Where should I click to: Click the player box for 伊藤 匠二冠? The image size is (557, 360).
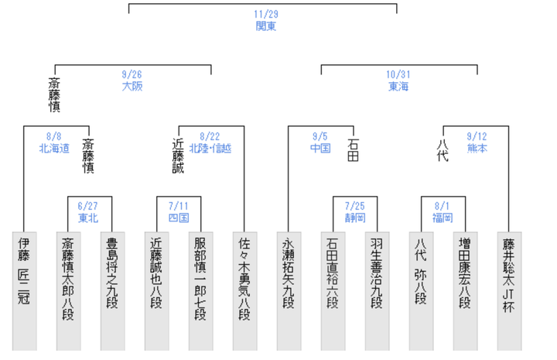pyautogui.click(x=25, y=291)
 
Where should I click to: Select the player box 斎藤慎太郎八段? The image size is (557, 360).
pyautogui.click(x=69, y=291)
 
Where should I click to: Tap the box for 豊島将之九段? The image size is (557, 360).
pyautogui.click(x=113, y=291)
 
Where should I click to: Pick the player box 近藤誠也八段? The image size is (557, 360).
pyautogui.click(x=156, y=291)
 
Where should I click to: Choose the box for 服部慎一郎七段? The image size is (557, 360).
pyautogui.click(x=200, y=291)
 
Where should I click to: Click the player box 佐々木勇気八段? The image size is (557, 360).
pyautogui.click(x=244, y=291)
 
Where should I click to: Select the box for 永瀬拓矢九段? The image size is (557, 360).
pyautogui.click(x=289, y=291)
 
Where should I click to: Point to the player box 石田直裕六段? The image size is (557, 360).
pyautogui.click(x=333, y=291)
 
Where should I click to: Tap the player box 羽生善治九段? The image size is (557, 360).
pyautogui.click(x=377, y=291)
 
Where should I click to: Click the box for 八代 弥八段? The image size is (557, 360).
pyautogui.click(x=421, y=291)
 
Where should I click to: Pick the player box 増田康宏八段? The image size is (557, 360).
pyautogui.click(x=465, y=291)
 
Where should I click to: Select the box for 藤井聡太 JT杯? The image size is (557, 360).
pyautogui.click(x=509, y=291)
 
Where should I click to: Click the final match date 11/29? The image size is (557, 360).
pyautogui.click(x=266, y=14)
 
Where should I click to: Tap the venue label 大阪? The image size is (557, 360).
pyautogui.click(x=132, y=87)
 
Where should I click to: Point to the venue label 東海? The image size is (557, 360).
pyautogui.click(x=398, y=87)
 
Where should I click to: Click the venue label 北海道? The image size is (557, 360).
pyautogui.click(x=54, y=148)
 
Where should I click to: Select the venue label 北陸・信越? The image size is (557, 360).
pyautogui.click(x=210, y=148)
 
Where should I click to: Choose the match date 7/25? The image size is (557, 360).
pyautogui.click(x=355, y=206)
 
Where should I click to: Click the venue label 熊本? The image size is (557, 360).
pyautogui.click(x=477, y=148)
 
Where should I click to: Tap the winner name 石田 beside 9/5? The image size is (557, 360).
pyautogui.click(x=353, y=150)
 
